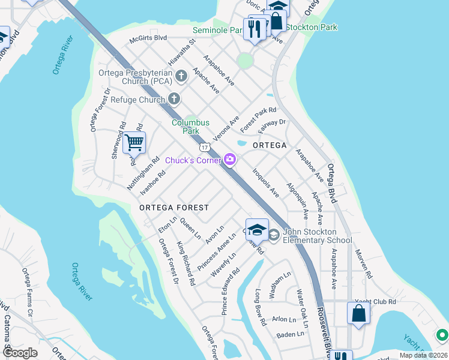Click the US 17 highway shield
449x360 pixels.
tap(205, 147)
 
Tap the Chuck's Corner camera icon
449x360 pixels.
tap(229, 159)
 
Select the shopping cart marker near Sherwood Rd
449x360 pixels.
tap(134, 143)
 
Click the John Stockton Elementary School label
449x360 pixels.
tap(318, 236)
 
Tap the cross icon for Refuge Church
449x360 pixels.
tap(174, 99)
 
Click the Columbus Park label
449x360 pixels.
tap(191, 126)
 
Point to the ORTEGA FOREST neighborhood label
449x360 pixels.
tap(174, 208)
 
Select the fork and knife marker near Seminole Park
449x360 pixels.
tap(255, 28)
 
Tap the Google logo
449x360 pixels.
tap(20, 353)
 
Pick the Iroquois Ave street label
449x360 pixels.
tap(265, 182)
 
